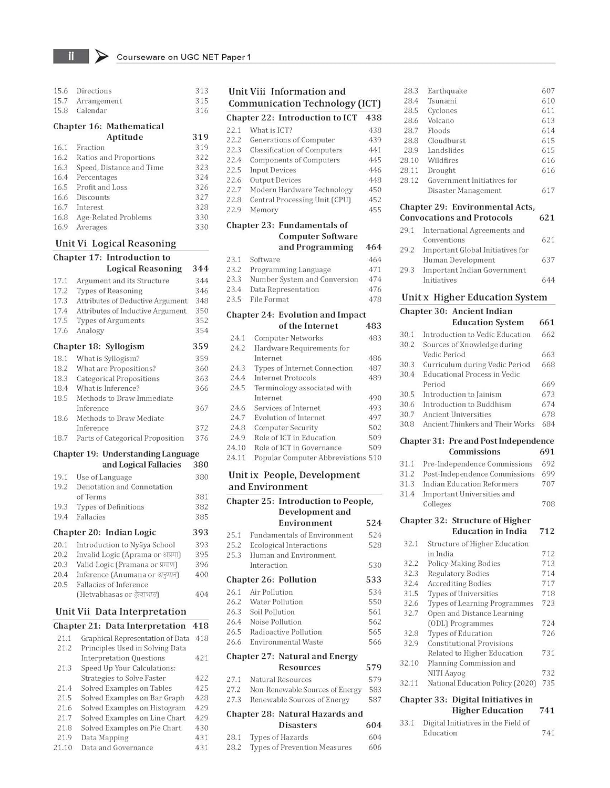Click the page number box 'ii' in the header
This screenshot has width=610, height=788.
click(71, 56)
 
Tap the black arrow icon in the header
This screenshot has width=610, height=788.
click(101, 56)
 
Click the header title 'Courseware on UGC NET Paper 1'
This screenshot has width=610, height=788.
click(183, 57)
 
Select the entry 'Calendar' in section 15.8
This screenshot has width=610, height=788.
click(91, 111)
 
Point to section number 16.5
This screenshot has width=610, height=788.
click(60, 188)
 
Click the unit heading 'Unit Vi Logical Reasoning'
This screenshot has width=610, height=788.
click(116, 244)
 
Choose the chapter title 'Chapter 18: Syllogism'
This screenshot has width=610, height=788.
click(99, 347)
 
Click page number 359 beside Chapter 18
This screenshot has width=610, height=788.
click(200, 347)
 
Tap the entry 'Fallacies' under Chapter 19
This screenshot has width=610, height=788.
click(91, 517)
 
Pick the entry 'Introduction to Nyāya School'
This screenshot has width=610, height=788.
click(126, 545)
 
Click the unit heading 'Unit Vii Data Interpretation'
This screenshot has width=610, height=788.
click(121, 611)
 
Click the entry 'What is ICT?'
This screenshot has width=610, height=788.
click(271, 130)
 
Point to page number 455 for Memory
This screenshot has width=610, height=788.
click(375, 210)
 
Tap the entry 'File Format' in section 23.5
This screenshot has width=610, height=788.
click(269, 299)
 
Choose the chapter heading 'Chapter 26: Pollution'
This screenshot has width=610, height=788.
click(272, 580)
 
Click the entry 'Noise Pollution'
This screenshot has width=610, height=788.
click(275, 622)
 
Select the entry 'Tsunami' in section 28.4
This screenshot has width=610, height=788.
click(442, 101)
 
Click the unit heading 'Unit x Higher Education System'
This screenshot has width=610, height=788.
click(474, 297)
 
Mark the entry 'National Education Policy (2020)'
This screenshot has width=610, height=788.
click(482, 683)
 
